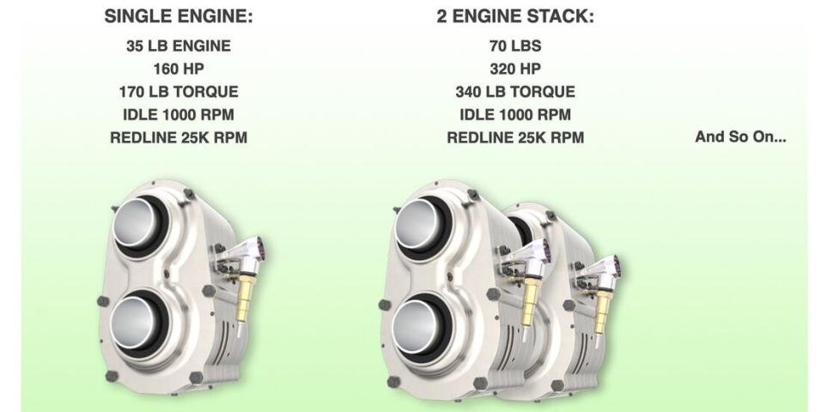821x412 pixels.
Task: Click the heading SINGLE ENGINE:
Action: [x=179, y=16]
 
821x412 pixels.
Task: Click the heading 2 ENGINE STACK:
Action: [x=515, y=16]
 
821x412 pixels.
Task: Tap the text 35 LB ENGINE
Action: [x=179, y=46]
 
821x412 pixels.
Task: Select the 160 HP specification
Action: [x=179, y=70]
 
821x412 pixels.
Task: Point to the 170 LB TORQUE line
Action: [x=179, y=92]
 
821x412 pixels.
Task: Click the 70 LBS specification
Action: [x=515, y=46]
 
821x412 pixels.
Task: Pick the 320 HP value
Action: [x=515, y=70]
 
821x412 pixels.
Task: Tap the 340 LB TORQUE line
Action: [x=515, y=92]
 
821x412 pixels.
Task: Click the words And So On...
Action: [x=740, y=137]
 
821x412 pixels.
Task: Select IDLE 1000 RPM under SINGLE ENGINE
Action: [x=179, y=115]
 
